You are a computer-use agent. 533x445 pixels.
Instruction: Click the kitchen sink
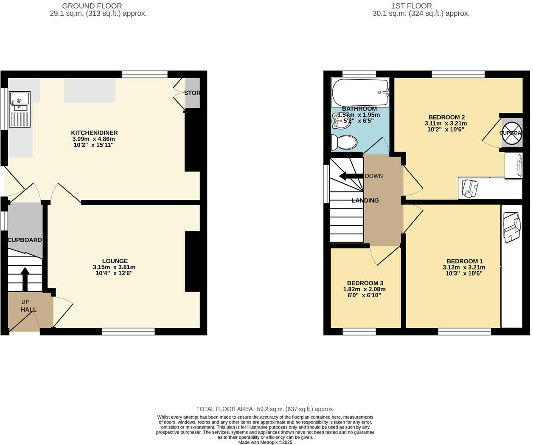(20, 101)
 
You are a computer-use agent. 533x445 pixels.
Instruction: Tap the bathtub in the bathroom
(360, 93)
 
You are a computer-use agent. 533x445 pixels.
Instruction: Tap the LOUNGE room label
(115, 261)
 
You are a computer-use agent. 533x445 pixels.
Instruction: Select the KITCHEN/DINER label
(94, 133)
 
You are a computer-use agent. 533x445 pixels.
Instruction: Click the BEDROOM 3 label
(365, 283)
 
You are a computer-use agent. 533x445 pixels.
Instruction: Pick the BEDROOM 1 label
(464, 262)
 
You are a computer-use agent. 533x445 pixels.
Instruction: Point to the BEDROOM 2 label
(446, 118)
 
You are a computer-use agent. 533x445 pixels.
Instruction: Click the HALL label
(29, 310)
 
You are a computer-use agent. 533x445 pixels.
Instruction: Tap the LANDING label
(365, 200)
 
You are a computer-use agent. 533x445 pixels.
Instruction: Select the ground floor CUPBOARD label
(25, 240)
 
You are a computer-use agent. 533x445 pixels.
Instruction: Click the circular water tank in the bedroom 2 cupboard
(512, 132)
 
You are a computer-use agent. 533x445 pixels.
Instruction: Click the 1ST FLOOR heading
(412, 6)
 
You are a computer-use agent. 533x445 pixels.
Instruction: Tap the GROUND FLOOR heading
(92, 6)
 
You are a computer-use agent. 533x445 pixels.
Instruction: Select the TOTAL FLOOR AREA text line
(265, 409)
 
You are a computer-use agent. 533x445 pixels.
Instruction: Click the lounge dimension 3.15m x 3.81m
(114, 267)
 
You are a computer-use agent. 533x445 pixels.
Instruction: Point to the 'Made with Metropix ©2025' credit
(265, 442)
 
